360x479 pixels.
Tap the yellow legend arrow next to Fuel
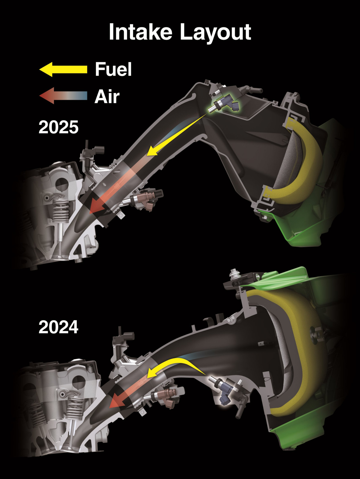[63, 69]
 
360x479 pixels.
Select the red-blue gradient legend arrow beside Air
[63, 96]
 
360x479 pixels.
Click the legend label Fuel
[113, 69]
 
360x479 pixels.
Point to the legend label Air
[107, 97]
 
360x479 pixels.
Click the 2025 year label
[58, 127]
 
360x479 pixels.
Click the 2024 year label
[58, 327]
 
